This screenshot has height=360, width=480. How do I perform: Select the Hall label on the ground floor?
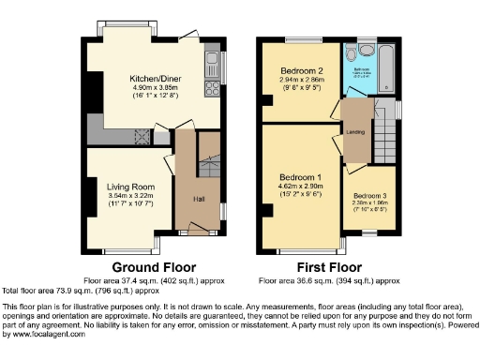pyautogui.click(x=198, y=199)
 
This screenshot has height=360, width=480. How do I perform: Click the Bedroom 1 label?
pyautogui.click(x=306, y=177)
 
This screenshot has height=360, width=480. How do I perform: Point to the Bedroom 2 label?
pyautogui.click(x=301, y=71)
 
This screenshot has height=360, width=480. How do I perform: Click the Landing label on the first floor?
pyautogui.click(x=356, y=132)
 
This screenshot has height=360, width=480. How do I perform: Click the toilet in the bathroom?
pyautogui.click(x=364, y=52)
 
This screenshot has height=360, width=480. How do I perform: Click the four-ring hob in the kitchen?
pyautogui.click(x=214, y=91)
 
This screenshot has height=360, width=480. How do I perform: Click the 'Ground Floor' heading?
pyautogui.click(x=147, y=266)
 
